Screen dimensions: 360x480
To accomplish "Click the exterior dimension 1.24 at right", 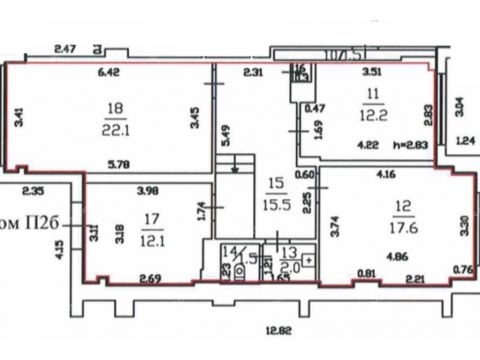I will coord(464,142).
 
